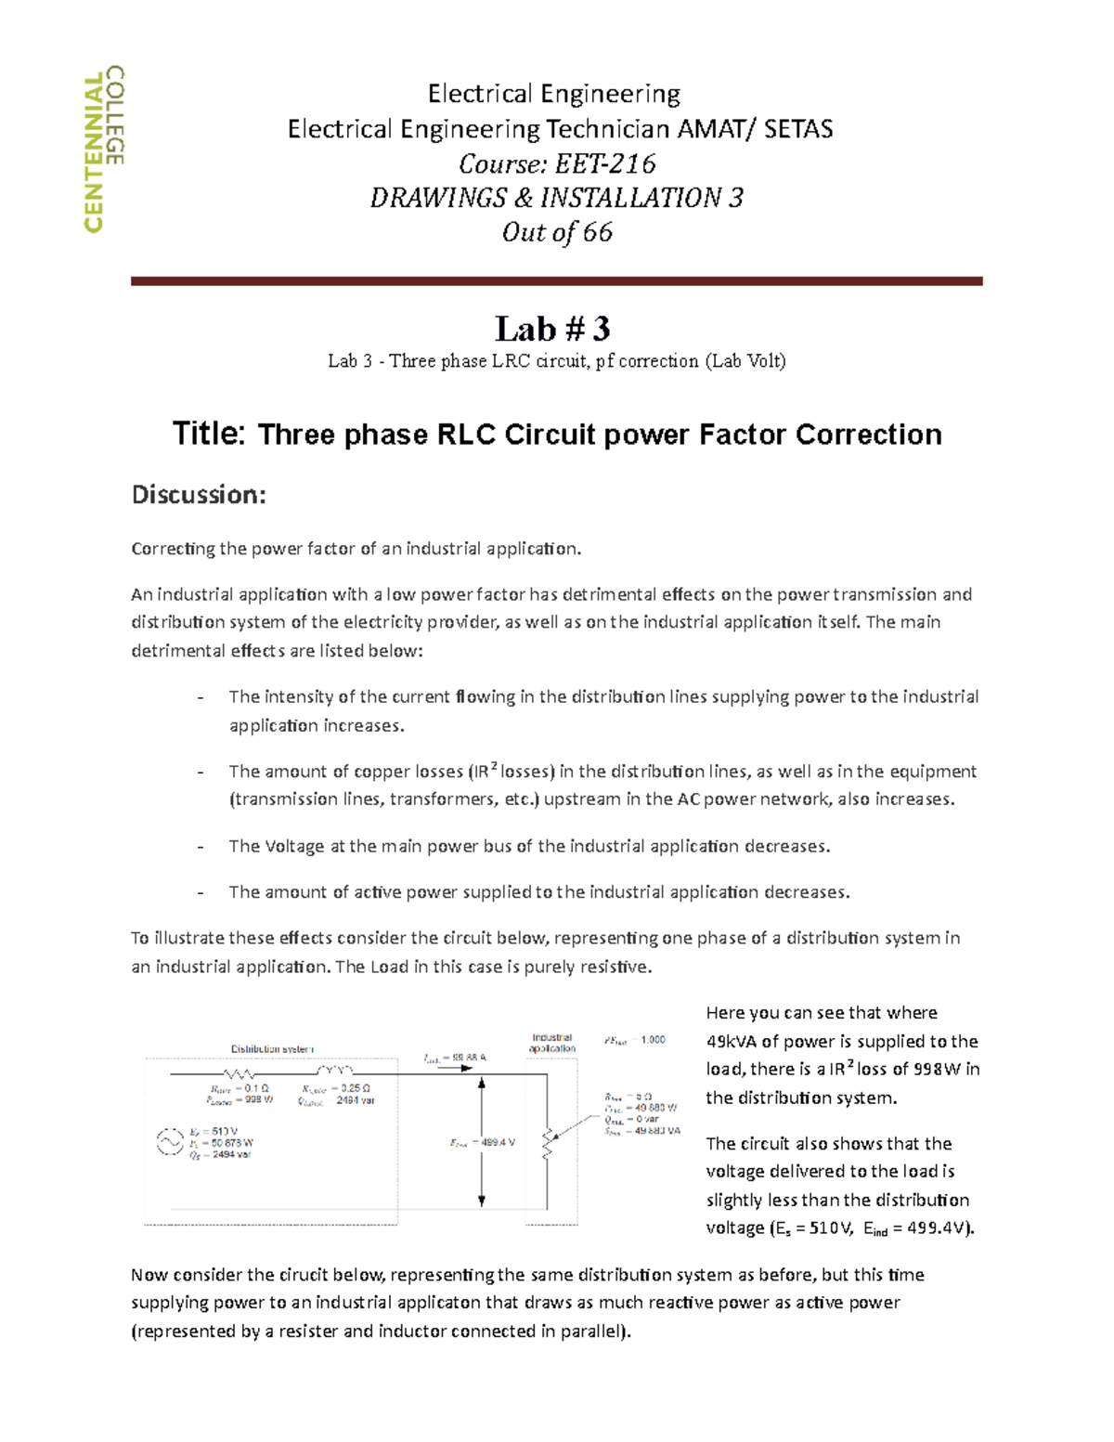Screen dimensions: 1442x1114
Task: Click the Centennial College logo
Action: (103, 149)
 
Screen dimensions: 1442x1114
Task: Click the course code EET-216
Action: (605, 164)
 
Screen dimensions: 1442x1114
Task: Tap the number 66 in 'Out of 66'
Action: (598, 232)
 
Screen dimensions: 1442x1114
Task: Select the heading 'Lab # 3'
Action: (552, 329)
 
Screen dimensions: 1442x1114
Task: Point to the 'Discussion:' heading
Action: (199, 495)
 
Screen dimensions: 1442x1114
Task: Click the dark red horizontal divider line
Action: (556, 280)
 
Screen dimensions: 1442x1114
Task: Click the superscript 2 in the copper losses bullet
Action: (495, 766)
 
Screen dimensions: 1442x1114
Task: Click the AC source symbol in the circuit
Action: (169, 1142)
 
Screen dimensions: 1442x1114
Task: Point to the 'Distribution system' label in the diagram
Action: (272, 1049)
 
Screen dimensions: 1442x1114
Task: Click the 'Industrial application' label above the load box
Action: (552, 1043)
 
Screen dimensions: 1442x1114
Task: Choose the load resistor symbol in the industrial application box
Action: (548, 1143)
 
